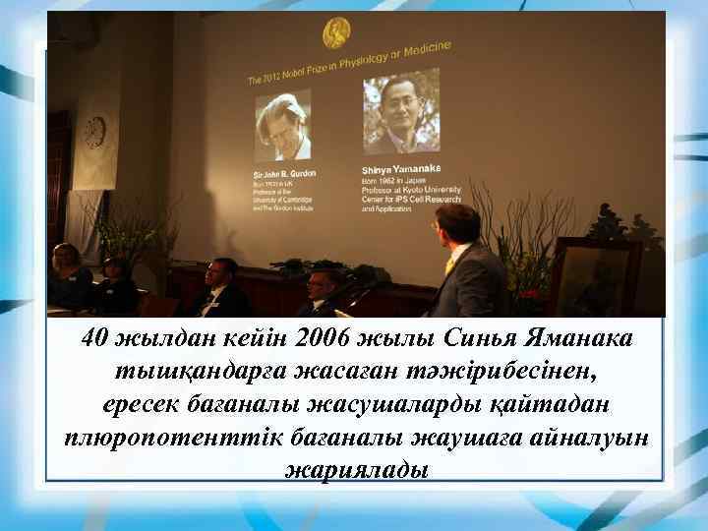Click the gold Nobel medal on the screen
[336, 33]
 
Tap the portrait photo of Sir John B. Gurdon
[282, 127]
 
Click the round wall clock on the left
[94, 131]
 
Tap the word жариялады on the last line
[355, 469]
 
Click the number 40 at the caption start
[96, 339]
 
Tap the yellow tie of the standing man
[450, 264]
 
